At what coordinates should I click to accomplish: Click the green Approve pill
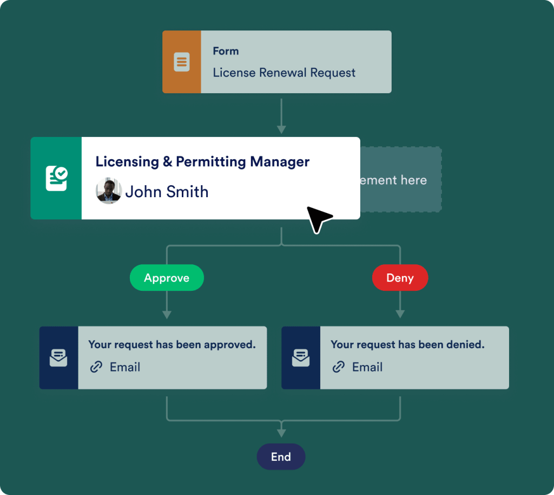pyautogui.click(x=167, y=278)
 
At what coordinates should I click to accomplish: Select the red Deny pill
pyautogui.click(x=400, y=278)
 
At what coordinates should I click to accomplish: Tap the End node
pyautogui.click(x=281, y=457)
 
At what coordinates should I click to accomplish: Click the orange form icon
pyautogui.click(x=182, y=62)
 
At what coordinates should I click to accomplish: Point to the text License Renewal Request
pyautogui.click(x=284, y=73)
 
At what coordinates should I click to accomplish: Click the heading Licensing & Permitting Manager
pyautogui.click(x=202, y=161)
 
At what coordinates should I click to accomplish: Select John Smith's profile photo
pyautogui.click(x=109, y=191)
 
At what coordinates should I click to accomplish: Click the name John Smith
pyautogui.click(x=167, y=192)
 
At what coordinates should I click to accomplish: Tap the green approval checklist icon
pyautogui.click(x=56, y=178)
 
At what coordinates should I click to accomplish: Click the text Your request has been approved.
pyautogui.click(x=172, y=344)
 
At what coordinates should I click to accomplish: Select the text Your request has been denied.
pyautogui.click(x=407, y=344)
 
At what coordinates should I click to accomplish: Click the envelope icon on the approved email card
pyautogui.click(x=58, y=357)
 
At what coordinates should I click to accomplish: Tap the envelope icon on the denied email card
pyautogui.click(x=301, y=357)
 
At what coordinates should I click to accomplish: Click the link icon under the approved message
pyautogui.click(x=96, y=367)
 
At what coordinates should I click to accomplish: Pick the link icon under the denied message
pyautogui.click(x=339, y=367)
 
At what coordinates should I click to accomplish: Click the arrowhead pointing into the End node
pyautogui.click(x=281, y=433)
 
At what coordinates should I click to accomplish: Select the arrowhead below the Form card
pyautogui.click(x=281, y=129)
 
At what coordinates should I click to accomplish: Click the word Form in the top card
pyautogui.click(x=226, y=51)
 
